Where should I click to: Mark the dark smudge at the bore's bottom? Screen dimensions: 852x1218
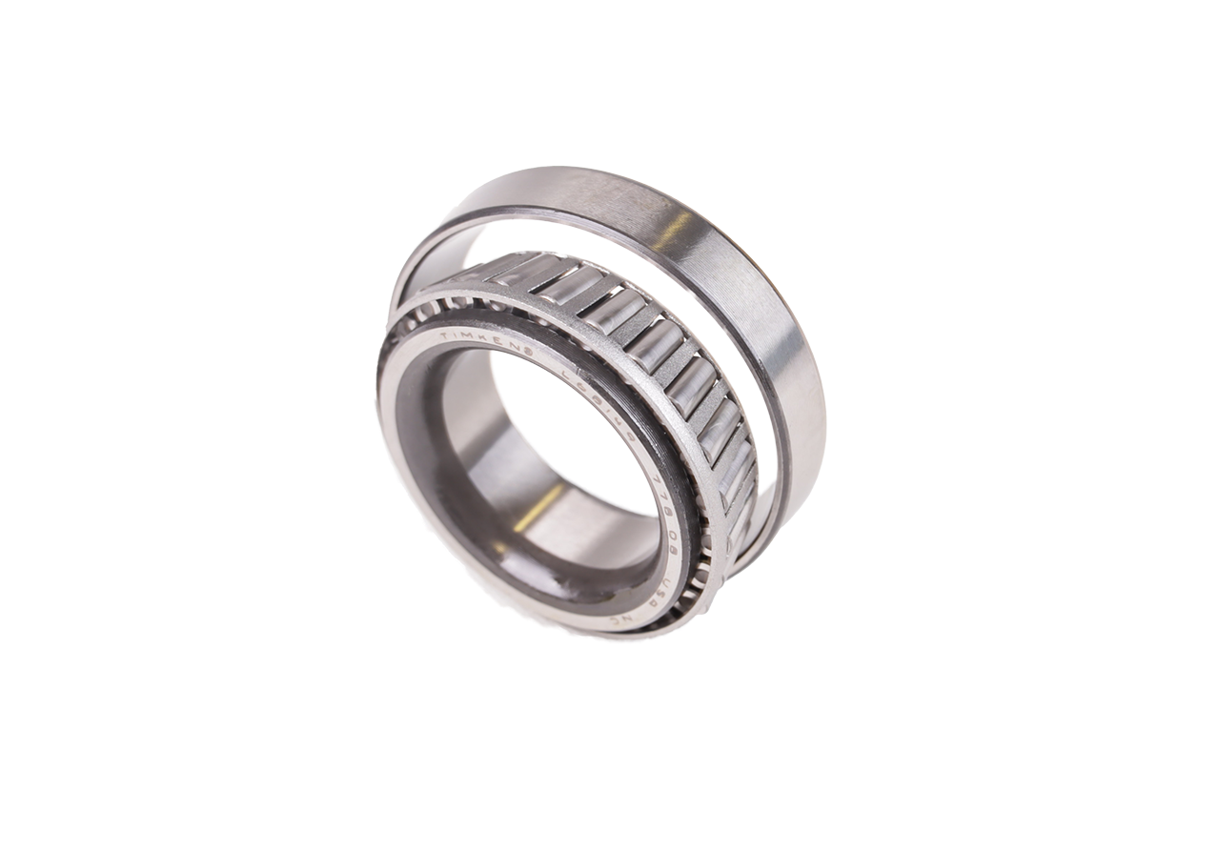pyautogui.click(x=534, y=610)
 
